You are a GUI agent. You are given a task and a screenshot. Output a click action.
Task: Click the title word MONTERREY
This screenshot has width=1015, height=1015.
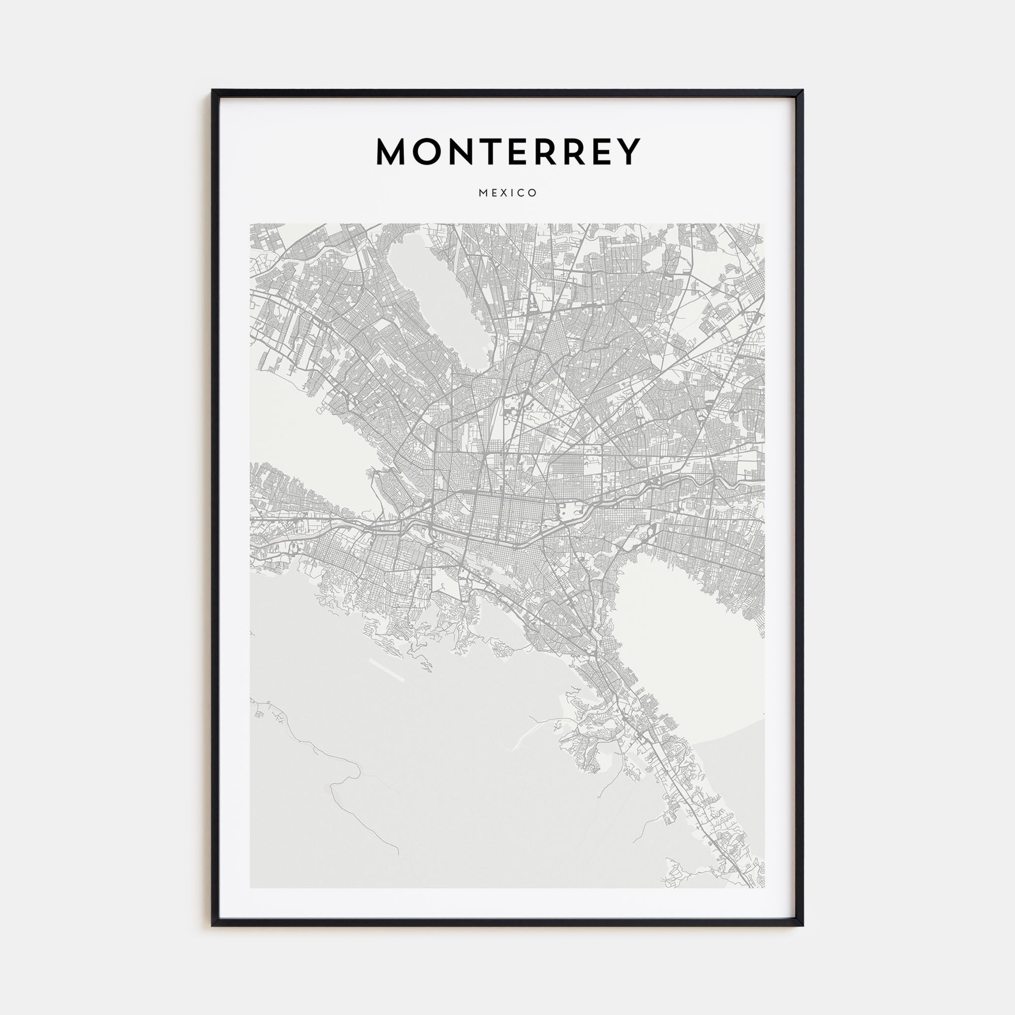pyautogui.click(x=507, y=152)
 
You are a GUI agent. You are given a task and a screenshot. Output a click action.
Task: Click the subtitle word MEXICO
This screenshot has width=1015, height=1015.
pyautogui.click(x=507, y=193)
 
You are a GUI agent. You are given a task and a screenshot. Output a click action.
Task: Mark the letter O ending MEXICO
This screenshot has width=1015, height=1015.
pyautogui.click(x=533, y=193)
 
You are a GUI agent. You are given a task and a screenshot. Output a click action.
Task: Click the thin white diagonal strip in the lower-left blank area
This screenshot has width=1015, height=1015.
pyautogui.click(x=387, y=670)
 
